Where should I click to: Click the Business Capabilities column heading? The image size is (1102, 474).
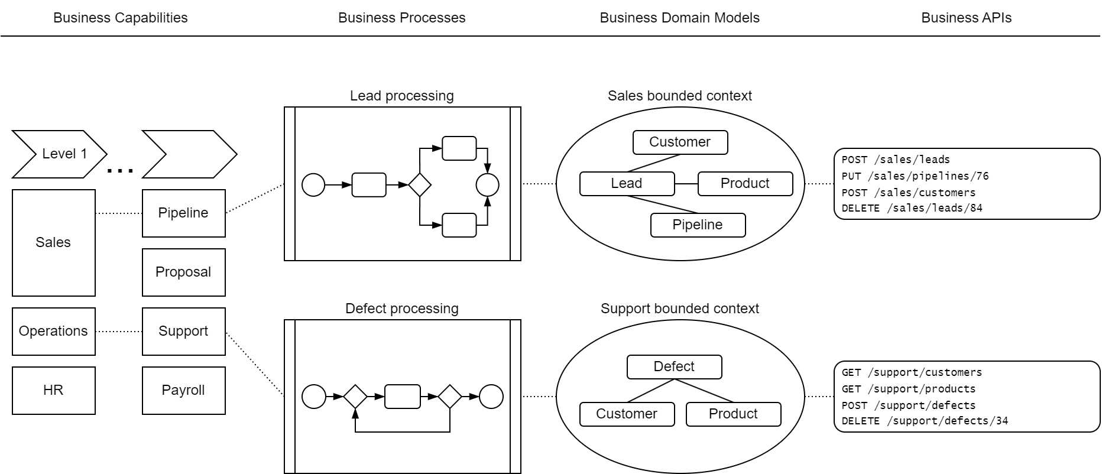tap(120, 18)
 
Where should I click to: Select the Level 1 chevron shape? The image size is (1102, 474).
tap(59, 154)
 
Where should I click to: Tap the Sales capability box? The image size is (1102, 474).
tap(53, 242)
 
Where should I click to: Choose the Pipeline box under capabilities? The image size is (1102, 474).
tap(183, 213)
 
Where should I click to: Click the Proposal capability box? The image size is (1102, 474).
tap(183, 272)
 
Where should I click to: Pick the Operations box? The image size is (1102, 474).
tap(53, 331)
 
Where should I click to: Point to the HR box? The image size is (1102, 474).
tap(53, 390)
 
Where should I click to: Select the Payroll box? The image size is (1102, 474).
tap(183, 390)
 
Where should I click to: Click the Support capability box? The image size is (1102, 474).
tap(183, 331)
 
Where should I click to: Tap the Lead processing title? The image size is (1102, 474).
tap(401, 96)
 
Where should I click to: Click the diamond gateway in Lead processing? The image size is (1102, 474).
tap(420, 184)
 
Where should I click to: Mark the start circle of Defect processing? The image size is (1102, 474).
tap(314, 397)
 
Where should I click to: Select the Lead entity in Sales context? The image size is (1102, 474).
tap(627, 183)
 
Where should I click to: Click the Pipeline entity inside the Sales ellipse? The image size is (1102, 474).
tap(698, 225)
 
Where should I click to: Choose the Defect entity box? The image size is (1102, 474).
tap(674, 366)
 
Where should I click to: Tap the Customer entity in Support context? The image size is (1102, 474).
tap(627, 414)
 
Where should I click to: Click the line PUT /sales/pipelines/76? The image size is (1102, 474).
tap(915, 176)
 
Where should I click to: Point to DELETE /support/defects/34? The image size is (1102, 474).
tap(925, 421)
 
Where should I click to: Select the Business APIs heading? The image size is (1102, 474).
tap(966, 18)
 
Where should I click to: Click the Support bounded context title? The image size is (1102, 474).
tap(679, 309)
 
